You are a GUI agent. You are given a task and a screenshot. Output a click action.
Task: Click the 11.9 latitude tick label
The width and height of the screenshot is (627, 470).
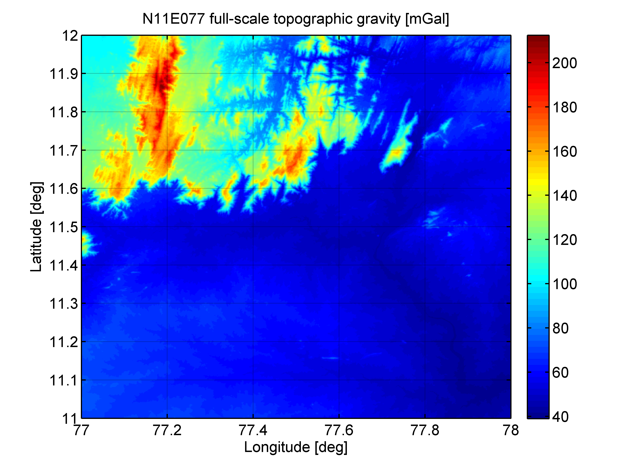(63, 74)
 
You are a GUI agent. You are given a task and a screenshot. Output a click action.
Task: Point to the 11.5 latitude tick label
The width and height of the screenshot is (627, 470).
(63, 227)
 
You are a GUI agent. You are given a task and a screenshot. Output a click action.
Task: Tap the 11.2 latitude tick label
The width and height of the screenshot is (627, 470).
(63, 342)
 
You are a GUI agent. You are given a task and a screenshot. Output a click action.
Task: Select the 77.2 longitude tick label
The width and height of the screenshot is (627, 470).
(167, 430)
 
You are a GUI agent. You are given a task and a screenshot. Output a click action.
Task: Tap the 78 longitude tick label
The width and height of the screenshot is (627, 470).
(511, 430)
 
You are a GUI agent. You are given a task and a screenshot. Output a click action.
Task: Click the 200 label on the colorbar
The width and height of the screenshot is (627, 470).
(564, 63)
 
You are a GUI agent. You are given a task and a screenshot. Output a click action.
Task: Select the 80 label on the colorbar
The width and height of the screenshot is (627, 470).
(560, 328)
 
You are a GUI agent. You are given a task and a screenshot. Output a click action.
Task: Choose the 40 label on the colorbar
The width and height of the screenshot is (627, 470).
(560, 417)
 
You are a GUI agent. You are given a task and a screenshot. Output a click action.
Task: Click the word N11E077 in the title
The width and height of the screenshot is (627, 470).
(173, 19)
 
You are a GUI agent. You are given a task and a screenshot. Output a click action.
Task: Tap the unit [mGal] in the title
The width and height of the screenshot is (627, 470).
(427, 19)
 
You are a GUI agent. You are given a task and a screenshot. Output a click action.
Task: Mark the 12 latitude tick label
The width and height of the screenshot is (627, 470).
(70, 36)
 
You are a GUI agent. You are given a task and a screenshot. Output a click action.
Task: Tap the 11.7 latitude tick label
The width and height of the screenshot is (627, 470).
(63, 151)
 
